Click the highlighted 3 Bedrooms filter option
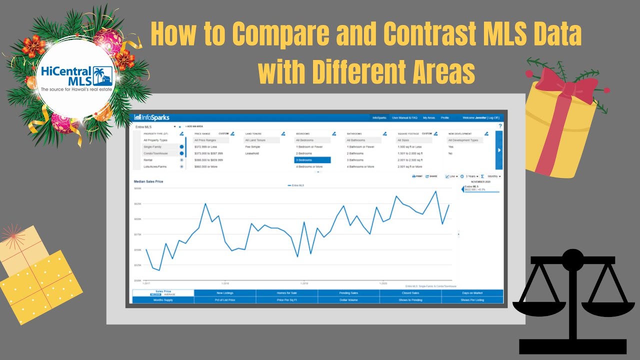[x=312, y=160]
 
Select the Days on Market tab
[x=472, y=293]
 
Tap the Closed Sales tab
[x=410, y=293]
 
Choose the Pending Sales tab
[x=348, y=293]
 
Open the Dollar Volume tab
[x=348, y=300]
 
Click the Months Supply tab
[x=163, y=300]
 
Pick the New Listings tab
[x=225, y=293]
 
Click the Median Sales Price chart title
[x=148, y=181]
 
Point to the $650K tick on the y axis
[x=137, y=188]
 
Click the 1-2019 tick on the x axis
[x=304, y=283]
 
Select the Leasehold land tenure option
[x=252, y=153]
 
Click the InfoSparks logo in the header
[x=152, y=117]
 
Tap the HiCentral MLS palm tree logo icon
[x=104, y=76]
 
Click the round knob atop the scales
[x=572, y=258]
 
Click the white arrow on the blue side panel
[x=499, y=149]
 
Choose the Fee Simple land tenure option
[x=252, y=147]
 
